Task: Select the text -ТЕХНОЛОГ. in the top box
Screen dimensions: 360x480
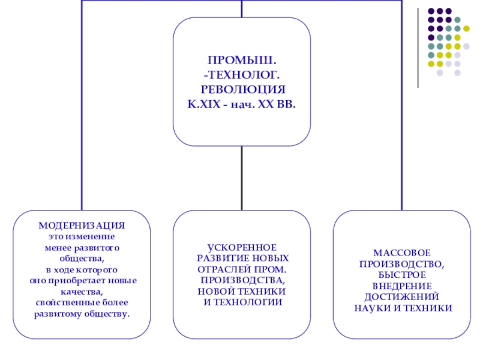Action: [242, 74]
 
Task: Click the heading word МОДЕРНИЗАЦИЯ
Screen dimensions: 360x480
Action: [82, 225]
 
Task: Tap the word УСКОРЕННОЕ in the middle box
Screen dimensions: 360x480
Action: [242, 247]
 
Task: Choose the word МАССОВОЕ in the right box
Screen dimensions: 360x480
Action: [401, 253]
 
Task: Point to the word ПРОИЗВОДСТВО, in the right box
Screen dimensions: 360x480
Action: [401, 263]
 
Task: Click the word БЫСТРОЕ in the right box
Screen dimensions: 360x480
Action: [401, 275]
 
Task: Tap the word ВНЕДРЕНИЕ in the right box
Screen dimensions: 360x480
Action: [401, 286]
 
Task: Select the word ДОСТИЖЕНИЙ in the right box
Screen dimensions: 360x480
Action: [401, 296]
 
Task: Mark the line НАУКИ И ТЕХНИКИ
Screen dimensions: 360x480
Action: [401, 308]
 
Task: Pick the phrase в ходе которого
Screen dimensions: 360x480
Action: [82, 269]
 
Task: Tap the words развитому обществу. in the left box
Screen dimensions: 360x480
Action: [82, 314]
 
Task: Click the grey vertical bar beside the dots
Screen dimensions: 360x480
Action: [418, 48]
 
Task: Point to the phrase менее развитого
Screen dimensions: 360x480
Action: [82, 247]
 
